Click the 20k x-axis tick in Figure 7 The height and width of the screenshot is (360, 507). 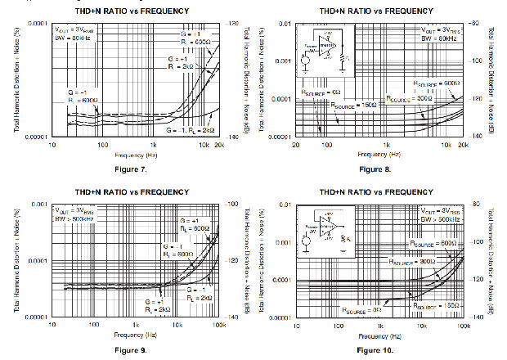[x=219, y=144]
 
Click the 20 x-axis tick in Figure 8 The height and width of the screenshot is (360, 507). [x=296, y=144]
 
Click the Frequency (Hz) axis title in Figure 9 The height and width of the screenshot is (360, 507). [x=135, y=335]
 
